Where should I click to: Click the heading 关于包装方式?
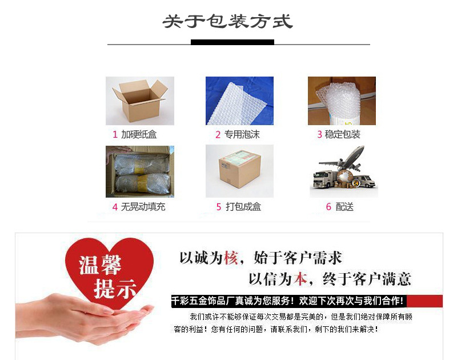coord(227,22)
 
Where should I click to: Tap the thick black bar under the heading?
coord(232,42)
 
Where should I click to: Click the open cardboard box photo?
coord(140,101)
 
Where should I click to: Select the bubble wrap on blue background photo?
coord(239,101)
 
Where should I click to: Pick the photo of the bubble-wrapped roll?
coord(342,101)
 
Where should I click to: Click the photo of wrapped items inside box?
coord(140,171)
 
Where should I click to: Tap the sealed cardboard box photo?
coord(239,171)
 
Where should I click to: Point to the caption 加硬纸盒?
coord(139,135)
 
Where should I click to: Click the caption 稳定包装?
coord(343,135)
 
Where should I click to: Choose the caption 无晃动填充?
coord(143,207)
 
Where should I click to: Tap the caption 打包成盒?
coord(243,207)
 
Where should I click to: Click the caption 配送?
coord(344,207)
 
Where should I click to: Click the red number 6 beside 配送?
coord(328,207)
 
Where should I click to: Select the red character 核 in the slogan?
coord(230,258)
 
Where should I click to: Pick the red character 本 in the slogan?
coord(300,279)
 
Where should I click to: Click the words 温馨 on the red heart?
coord(101,265)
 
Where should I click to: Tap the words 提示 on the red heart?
coord(115,289)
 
